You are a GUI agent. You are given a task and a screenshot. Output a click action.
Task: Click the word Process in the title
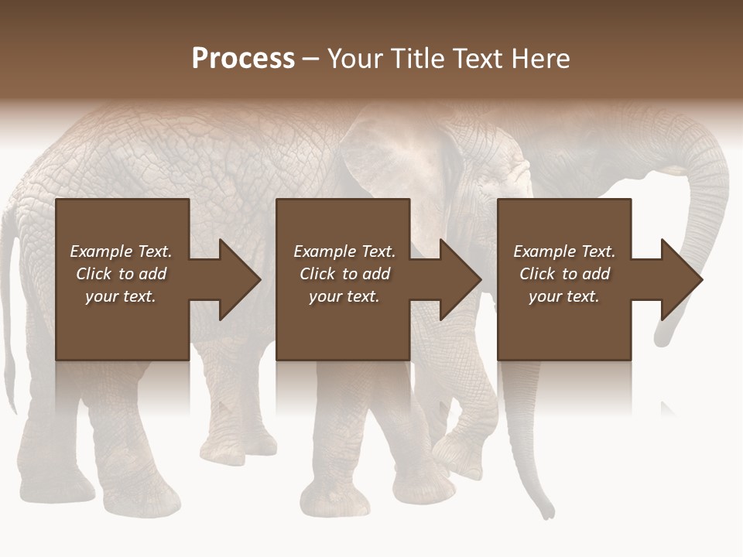pyautogui.click(x=243, y=59)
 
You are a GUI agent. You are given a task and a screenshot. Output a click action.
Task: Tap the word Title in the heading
pyautogui.click(x=416, y=59)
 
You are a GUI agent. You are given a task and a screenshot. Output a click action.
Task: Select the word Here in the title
pyautogui.click(x=539, y=59)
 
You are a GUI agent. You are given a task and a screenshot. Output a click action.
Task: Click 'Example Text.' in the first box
pyautogui.click(x=121, y=251)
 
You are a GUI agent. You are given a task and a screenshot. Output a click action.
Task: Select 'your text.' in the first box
pyautogui.click(x=121, y=296)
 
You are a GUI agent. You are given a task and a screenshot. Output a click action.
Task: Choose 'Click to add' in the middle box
pyautogui.click(x=344, y=274)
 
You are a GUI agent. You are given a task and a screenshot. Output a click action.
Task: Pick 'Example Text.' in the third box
pyautogui.click(x=564, y=251)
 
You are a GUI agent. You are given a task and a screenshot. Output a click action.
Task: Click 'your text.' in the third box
pyautogui.click(x=564, y=296)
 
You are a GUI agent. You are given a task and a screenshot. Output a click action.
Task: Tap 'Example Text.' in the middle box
pyautogui.click(x=344, y=251)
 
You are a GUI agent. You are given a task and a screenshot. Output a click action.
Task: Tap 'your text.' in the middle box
pyautogui.click(x=344, y=296)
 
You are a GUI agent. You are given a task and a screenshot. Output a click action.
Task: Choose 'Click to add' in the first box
pyautogui.click(x=121, y=274)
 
